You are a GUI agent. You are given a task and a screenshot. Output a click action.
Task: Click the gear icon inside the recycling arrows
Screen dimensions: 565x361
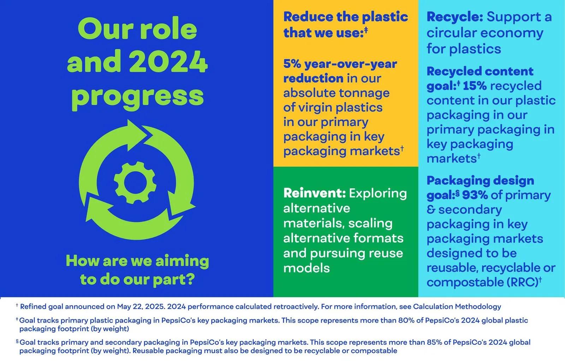coord(135,183)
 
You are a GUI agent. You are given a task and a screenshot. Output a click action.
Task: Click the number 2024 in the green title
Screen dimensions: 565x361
coord(168,62)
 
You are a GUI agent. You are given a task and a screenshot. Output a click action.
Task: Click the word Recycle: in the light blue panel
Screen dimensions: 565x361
coord(455,17)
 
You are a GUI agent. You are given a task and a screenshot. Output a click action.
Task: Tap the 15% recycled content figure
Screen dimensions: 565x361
coord(475,86)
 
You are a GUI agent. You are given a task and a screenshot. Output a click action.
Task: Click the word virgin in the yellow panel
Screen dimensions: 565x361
coord(315,108)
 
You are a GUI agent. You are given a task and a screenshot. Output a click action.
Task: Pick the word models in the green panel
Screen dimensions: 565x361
coord(307,268)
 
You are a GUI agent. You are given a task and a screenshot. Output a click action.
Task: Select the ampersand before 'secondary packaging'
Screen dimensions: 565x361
coord(431,210)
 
